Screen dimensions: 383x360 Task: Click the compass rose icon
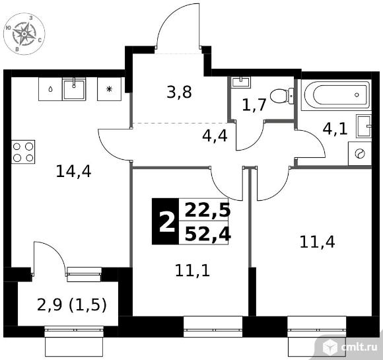pos(24,34)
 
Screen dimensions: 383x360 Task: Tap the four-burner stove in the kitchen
pos(23,152)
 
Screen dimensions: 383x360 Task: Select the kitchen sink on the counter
pos(74,89)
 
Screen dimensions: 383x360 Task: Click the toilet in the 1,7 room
pos(282,96)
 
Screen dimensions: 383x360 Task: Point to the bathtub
pos(336,95)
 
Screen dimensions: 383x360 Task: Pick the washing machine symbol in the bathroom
pos(360,153)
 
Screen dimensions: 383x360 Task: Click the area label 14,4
pos(73,171)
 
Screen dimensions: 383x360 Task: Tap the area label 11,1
pos(192,271)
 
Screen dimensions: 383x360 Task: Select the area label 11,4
pos(317,242)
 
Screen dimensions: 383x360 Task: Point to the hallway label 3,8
pos(179,92)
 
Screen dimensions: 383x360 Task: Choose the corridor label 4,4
pos(215,136)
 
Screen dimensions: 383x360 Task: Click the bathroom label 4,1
pos(335,129)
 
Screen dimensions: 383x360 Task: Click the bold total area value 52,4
pos(207,234)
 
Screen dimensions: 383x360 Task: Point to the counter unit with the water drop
pos(50,89)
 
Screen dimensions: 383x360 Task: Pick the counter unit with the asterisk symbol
pos(109,89)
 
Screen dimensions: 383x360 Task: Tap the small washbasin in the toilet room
pos(241,82)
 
